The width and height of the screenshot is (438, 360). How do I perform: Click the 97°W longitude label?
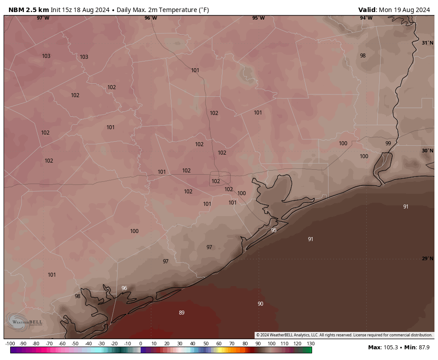pyautogui.click(x=43, y=18)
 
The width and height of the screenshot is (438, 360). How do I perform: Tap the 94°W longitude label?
pyautogui.click(x=366, y=18)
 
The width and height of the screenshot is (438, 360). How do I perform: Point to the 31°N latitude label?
pyautogui.click(x=427, y=43)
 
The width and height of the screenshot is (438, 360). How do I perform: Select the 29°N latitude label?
pyautogui.click(x=427, y=258)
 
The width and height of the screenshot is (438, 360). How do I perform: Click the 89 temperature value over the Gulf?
pyautogui.click(x=182, y=313)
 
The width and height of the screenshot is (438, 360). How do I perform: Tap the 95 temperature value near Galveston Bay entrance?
pyautogui.click(x=274, y=230)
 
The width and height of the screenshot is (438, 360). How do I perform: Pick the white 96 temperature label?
pyautogui.click(x=124, y=288)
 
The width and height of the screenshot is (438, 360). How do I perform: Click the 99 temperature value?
pyautogui.click(x=388, y=143)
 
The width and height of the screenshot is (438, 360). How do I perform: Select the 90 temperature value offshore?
pyautogui.click(x=260, y=304)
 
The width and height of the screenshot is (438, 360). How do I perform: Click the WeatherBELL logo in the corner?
pyautogui.click(x=24, y=322)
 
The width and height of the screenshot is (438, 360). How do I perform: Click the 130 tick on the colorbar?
pyautogui.click(x=310, y=344)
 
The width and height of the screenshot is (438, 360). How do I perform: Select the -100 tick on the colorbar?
pyautogui.click(x=10, y=344)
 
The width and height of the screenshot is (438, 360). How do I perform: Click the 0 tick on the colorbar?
pyautogui.click(x=140, y=344)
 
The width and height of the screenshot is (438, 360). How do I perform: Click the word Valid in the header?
pyautogui.click(x=367, y=10)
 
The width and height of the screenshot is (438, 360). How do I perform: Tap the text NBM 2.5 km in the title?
pyautogui.click(x=28, y=10)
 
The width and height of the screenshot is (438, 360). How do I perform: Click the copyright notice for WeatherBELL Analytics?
pyautogui.click(x=344, y=335)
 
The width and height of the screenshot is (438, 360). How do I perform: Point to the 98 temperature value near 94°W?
pyautogui.click(x=363, y=56)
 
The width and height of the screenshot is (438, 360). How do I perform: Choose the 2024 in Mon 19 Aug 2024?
pyautogui.click(x=421, y=10)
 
